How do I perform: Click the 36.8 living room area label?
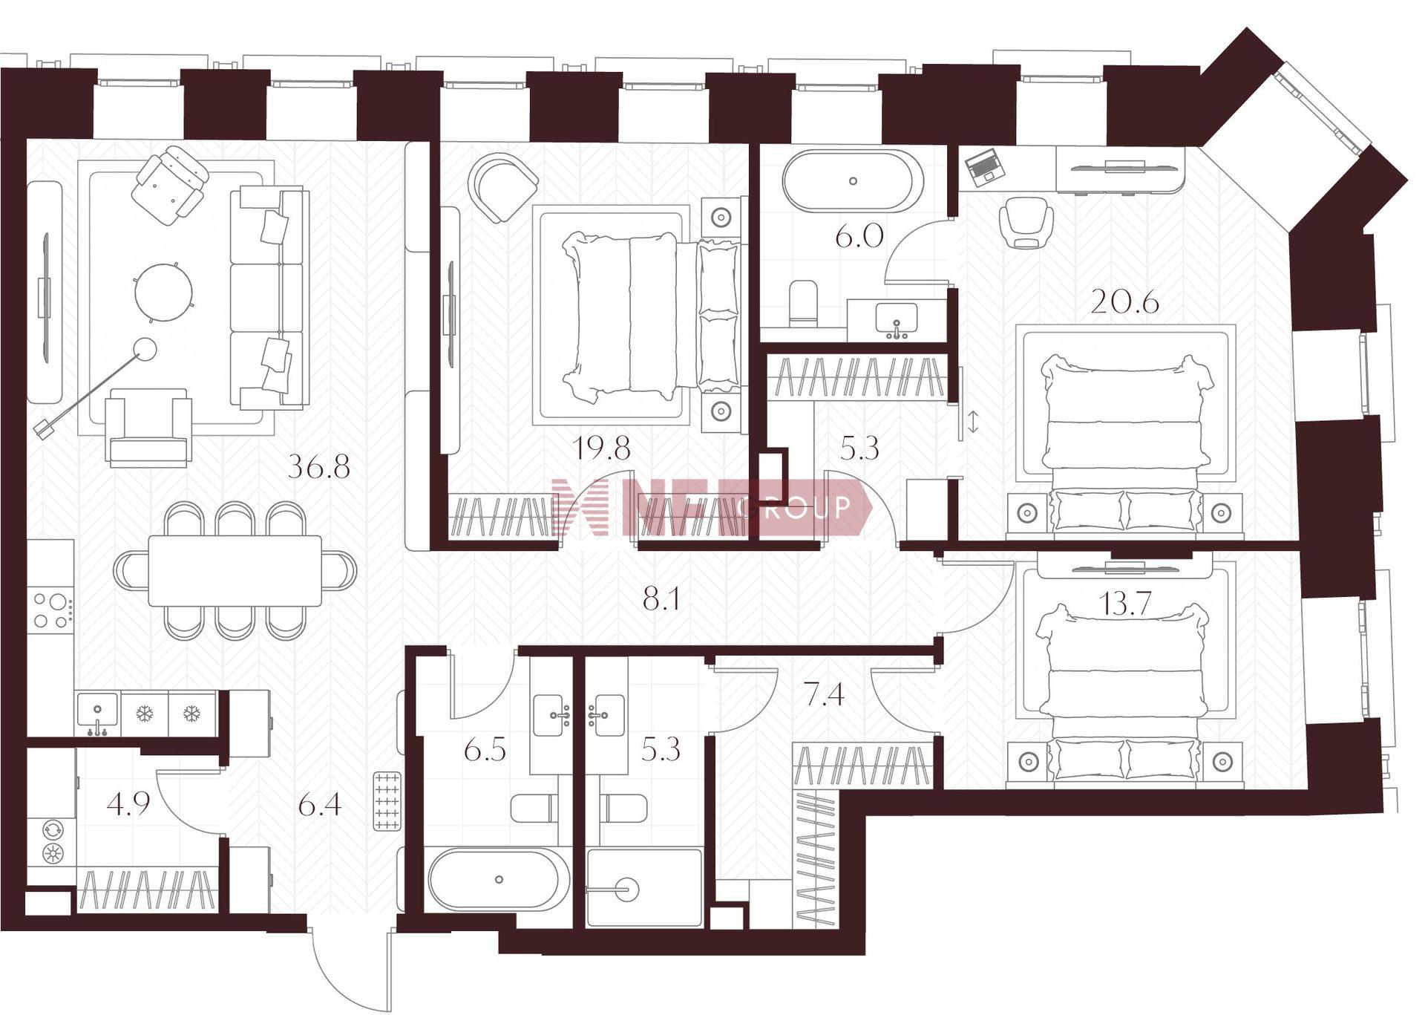318,467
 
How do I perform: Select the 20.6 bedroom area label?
1124,302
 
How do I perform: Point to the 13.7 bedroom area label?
1125,604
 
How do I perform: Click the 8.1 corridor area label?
661,598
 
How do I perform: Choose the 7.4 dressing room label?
824,694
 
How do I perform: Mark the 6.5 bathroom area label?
485,750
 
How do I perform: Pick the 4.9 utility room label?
128,803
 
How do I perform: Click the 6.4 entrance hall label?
320,803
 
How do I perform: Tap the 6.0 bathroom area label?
859,237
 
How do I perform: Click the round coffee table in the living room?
164,292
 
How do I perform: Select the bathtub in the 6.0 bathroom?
854,181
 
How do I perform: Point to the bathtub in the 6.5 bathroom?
499,879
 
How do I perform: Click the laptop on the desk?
984,166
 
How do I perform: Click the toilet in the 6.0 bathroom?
803,303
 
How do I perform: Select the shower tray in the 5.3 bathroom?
643,888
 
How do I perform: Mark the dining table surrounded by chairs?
235,570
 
